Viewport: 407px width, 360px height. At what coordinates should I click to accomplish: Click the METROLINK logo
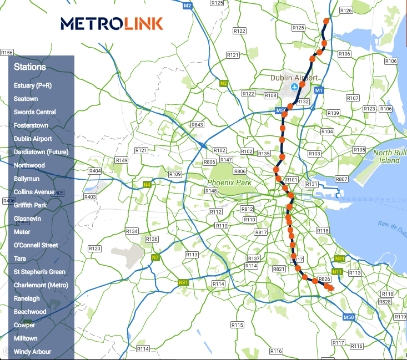[x=112, y=23]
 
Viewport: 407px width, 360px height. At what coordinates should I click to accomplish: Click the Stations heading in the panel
[x=30, y=67]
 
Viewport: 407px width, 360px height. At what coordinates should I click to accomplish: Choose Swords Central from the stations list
[x=35, y=112]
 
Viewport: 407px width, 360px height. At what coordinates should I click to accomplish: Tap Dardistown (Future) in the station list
[x=37, y=152]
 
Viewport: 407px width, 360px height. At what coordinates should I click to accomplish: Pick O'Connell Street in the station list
[x=36, y=245]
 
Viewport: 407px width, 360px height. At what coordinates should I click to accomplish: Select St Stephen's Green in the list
[x=39, y=272]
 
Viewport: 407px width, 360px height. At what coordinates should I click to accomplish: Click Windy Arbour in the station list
[x=32, y=352]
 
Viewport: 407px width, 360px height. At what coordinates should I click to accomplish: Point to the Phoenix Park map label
[x=229, y=182]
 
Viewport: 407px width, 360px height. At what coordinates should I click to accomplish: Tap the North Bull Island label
[x=386, y=156]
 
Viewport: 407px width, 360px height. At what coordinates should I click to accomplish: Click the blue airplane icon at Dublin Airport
[x=294, y=87]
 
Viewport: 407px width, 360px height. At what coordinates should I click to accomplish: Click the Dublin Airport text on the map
[x=294, y=78]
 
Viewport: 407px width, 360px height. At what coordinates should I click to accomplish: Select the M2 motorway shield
[x=187, y=6]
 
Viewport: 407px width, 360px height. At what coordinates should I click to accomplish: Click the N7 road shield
[x=155, y=257]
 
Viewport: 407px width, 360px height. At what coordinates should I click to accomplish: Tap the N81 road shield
[x=184, y=283]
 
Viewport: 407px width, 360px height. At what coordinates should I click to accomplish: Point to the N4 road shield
[x=147, y=184]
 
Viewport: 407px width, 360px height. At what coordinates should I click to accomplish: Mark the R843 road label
[x=197, y=125]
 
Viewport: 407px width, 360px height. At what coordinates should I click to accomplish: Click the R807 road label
[x=341, y=179]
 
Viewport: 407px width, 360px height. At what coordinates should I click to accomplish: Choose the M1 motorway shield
[x=319, y=90]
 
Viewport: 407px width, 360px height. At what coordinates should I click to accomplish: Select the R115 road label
[x=237, y=324]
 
